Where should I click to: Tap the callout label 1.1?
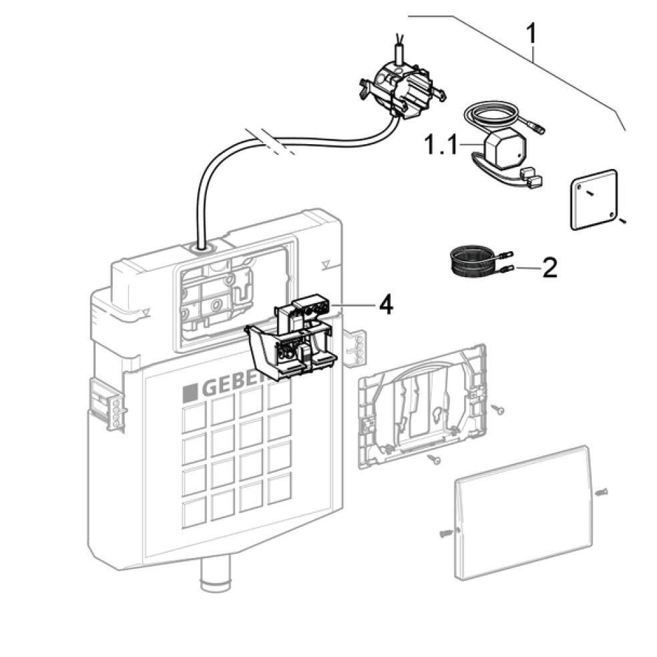point(441,144)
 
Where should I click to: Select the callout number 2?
point(549,268)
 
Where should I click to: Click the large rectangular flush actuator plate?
point(521,511)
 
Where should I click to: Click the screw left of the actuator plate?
point(446,532)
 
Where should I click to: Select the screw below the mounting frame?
point(435,459)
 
